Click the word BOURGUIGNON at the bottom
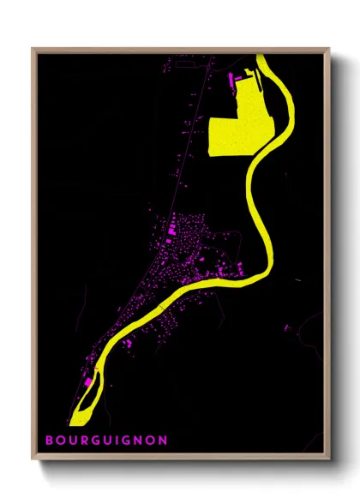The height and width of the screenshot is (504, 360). click(x=105, y=441)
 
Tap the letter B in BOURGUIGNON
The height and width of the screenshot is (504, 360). click(x=50, y=441)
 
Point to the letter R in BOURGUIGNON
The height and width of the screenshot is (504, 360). click(x=83, y=441)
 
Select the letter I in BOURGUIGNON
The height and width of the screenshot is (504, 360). click(x=117, y=441)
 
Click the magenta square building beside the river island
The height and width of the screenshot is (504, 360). click(x=87, y=381)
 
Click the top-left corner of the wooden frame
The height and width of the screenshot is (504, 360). click(x=33, y=49)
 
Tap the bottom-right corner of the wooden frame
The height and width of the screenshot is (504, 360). click(x=329, y=459)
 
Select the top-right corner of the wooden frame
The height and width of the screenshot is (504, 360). click(x=329, y=49)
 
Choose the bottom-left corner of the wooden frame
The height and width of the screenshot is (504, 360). click(x=33, y=459)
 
